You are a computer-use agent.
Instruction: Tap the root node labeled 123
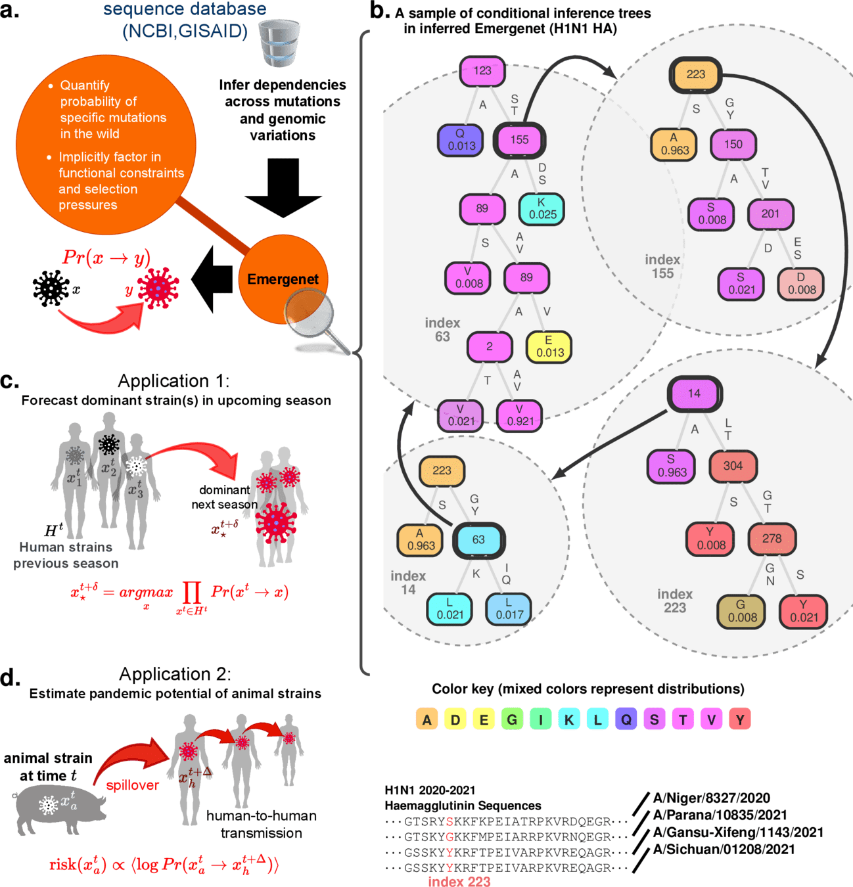(482, 71)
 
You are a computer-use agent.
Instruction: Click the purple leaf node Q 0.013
(461, 139)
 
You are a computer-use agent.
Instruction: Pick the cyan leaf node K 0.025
(542, 208)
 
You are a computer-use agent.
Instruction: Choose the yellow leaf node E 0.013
(549, 346)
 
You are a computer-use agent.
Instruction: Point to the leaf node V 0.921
(519, 415)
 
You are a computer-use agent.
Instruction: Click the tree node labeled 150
(733, 145)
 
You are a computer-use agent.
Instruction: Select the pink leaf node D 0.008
(801, 284)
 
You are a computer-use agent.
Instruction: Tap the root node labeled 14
(694, 394)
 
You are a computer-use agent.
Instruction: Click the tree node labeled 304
(733, 466)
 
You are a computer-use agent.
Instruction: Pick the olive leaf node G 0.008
(741, 611)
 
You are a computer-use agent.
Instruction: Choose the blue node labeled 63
(478, 540)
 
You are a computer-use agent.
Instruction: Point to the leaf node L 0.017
(509, 609)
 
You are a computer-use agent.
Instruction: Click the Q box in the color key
(626, 719)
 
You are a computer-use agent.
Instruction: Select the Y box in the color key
(739, 719)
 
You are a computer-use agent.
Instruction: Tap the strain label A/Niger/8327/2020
(711, 798)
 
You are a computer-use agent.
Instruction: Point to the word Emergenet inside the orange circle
(283, 279)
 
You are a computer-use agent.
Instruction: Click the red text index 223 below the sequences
(459, 881)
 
